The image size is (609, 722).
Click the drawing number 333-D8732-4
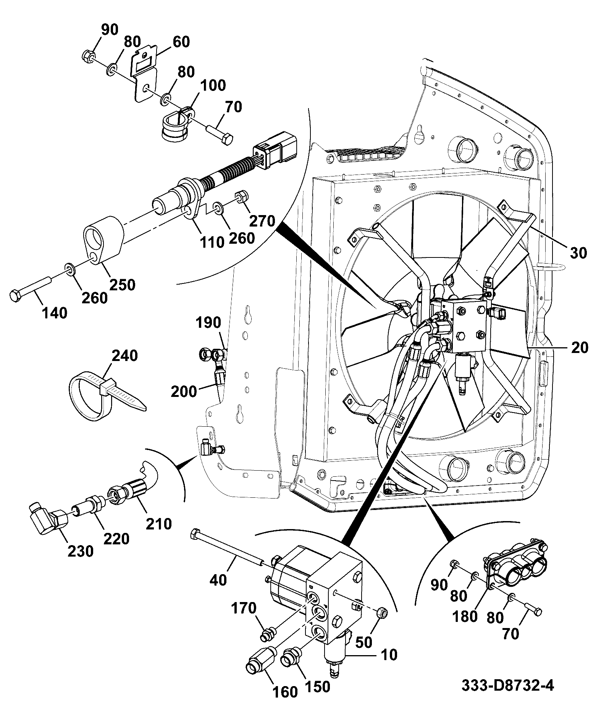coord(507,685)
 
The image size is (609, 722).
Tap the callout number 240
coord(125,356)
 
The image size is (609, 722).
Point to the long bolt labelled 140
coord(31,288)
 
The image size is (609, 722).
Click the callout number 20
coord(580,348)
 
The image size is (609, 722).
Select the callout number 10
coord(389,655)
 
